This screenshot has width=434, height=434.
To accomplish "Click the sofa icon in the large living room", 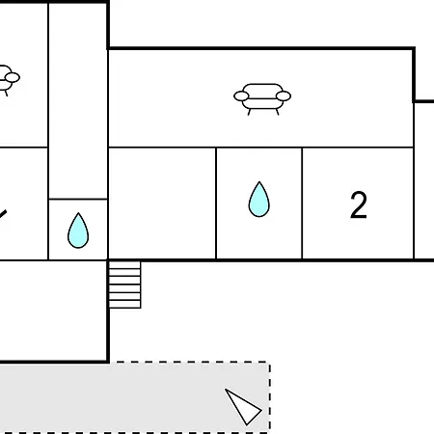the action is point(262,99).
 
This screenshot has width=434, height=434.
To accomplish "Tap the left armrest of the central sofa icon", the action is point(241,95).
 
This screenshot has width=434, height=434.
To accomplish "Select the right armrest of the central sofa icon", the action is point(284,95).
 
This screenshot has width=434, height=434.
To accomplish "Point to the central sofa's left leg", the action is point(249,112).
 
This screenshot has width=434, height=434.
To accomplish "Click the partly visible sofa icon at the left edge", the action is point(9,80).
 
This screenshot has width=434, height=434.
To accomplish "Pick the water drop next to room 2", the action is point(258,200).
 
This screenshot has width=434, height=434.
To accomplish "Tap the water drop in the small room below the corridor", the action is point(78,231).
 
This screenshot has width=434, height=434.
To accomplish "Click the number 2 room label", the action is point(359,204).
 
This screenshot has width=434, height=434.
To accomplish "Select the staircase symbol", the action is point(124,285).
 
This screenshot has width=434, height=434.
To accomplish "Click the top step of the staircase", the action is point(124,265).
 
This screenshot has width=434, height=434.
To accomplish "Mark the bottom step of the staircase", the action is point(124,304).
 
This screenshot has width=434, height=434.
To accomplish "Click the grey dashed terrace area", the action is point(135,397).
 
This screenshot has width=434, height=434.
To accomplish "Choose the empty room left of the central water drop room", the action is point(162,203).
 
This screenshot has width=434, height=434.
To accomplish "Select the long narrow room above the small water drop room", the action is point(78,101).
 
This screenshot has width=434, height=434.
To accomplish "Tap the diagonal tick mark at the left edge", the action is point(3,214).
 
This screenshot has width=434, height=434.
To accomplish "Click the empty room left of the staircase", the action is point(53,311).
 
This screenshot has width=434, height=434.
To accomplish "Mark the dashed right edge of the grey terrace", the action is point(270,397).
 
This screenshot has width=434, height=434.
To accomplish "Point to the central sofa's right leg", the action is point(277,112).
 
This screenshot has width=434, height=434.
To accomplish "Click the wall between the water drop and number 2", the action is point(302,203).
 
